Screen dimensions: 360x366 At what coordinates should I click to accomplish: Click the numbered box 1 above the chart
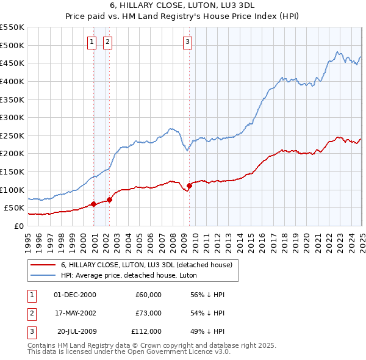point(91,42)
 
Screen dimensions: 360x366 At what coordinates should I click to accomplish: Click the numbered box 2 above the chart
point(107,42)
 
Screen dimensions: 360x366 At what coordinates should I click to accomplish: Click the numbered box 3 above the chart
point(187,42)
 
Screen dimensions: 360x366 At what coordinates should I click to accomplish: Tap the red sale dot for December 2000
point(94,204)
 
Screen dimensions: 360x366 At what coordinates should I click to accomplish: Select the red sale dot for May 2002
point(110,200)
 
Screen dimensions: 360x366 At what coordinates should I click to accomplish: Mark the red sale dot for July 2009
point(189,185)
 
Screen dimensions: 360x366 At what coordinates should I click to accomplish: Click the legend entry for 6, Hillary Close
point(146,265)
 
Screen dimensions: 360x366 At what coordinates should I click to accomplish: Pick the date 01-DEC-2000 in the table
point(75,295)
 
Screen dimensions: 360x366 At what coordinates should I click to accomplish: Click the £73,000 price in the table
point(148,313)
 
